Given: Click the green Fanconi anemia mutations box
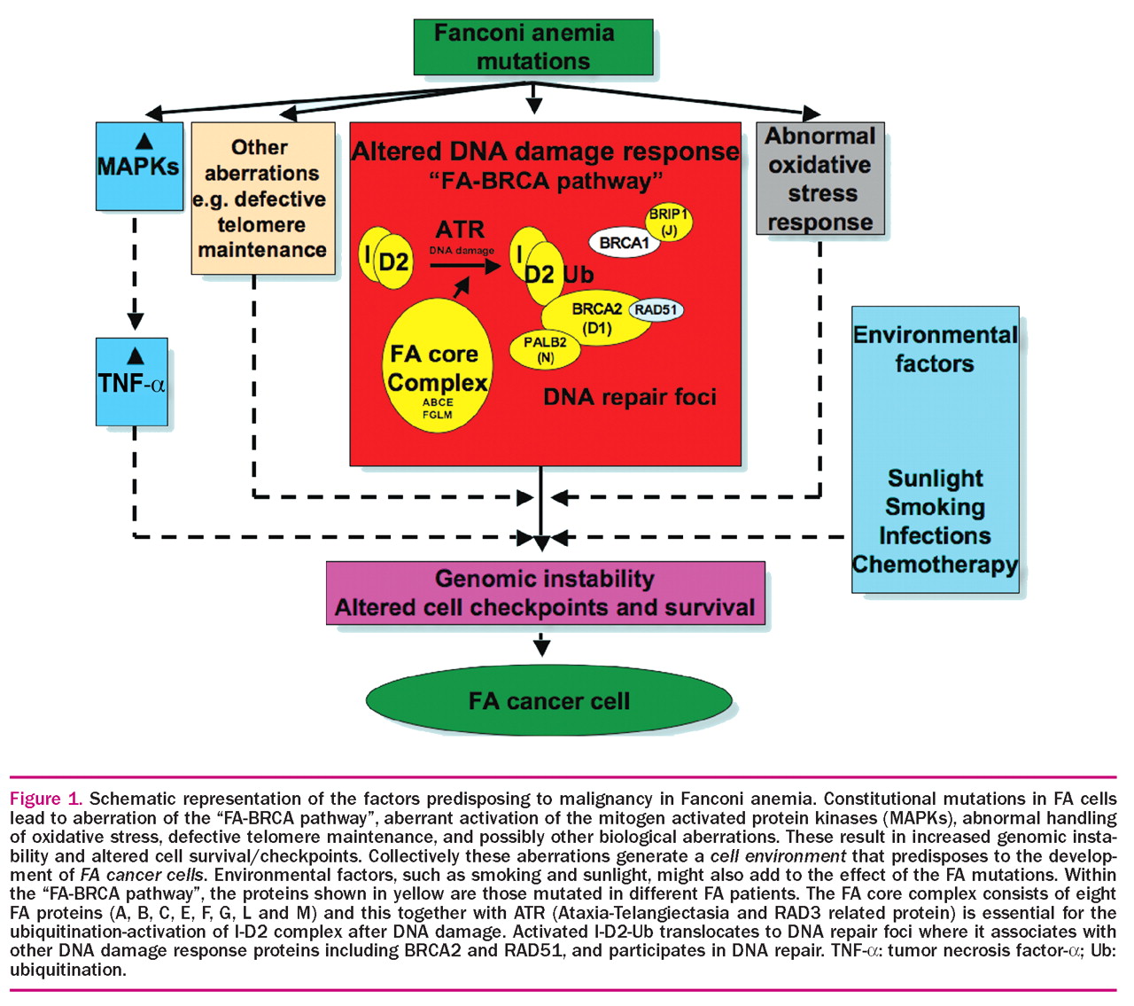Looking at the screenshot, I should coord(532,47).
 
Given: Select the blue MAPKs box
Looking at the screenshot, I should coord(139,166).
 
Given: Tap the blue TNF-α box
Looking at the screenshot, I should coord(132,381).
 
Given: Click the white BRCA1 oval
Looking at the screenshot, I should coord(625,243).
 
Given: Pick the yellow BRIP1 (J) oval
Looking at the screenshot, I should coord(668,223).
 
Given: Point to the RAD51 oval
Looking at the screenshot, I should coord(656,310).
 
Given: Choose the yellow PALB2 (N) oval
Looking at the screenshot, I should coord(545,349).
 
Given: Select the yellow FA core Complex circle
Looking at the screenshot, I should coord(438,365).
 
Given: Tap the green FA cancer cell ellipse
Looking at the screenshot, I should coord(549,701).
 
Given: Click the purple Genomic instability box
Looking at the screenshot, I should coord(545,593).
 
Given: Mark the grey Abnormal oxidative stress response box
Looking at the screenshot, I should coord(820,179).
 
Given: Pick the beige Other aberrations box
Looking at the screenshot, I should coord(262,199).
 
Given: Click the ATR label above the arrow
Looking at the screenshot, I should coord(461,230).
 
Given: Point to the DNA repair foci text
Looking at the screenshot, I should coord(630,397).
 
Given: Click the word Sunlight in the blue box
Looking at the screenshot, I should coord(936,479).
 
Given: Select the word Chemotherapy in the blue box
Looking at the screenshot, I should coord(936,565).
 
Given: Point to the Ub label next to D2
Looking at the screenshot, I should coord(579,275).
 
